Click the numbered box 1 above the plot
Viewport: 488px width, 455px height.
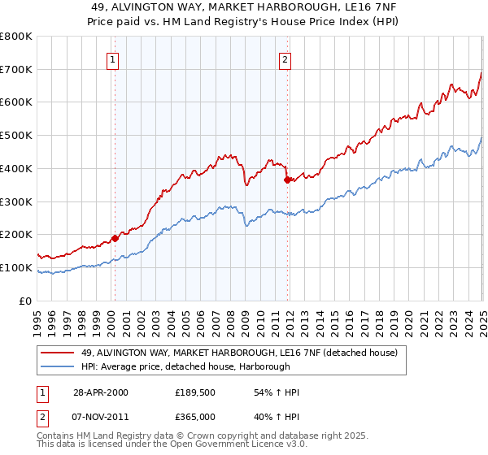coord(115,58)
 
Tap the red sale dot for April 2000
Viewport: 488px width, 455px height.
coord(115,238)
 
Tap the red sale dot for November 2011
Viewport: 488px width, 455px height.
coord(287,180)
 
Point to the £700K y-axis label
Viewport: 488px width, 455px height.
coord(16,69)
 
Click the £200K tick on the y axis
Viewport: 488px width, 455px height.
coord(16,234)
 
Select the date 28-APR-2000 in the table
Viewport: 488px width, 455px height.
coord(102,392)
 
